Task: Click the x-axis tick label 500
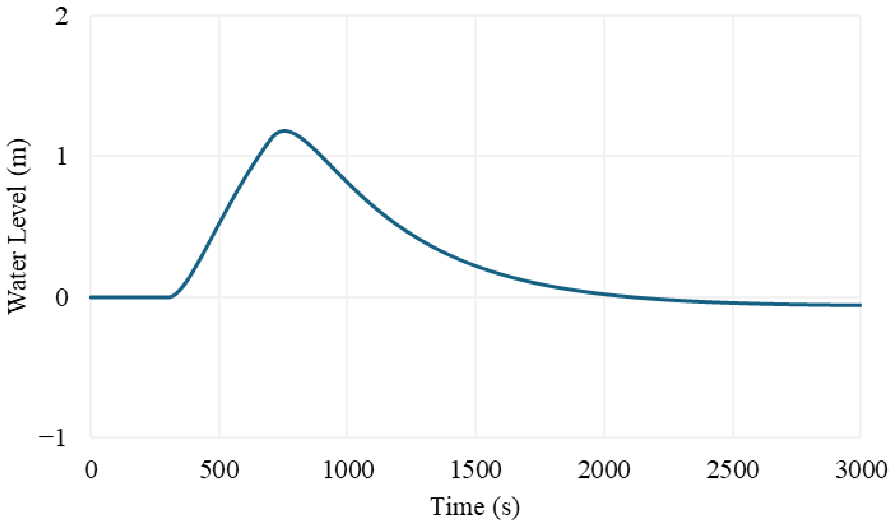(219, 470)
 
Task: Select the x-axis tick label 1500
(476, 470)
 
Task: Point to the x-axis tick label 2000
(604, 470)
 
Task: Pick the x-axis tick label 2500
(732, 470)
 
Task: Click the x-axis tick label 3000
(861, 470)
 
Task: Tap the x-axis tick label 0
(91, 470)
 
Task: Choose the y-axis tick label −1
(53, 438)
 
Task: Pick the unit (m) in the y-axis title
(18, 156)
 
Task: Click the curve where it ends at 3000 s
(861, 305)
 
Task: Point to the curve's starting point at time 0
(91, 297)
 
